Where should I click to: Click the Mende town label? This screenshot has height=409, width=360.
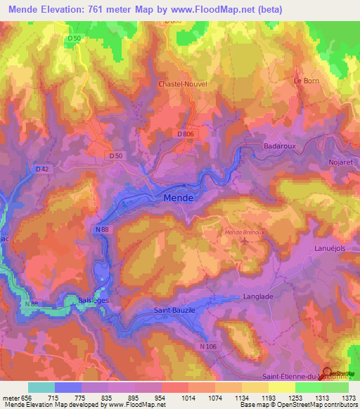click(x=179, y=199)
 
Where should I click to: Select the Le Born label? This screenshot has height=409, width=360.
click(x=306, y=81)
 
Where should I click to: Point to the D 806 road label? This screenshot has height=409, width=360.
click(x=185, y=134)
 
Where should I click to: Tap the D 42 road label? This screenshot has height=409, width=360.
click(x=44, y=169)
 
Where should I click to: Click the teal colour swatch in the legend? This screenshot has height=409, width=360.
click(x=41, y=387)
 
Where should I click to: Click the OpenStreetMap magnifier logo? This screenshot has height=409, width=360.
click(x=328, y=373)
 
